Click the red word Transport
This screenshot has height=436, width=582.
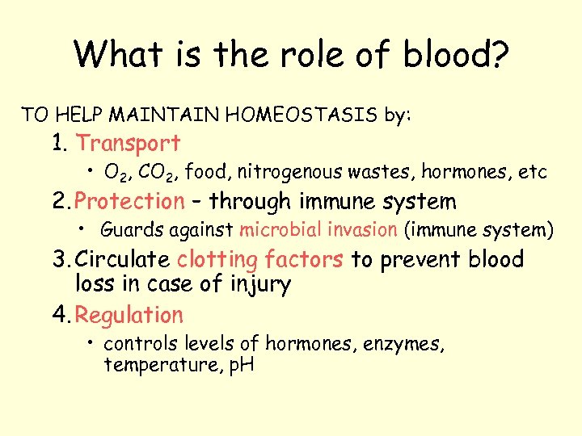pyautogui.click(x=128, y=144)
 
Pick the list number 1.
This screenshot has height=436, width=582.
pyautogui.click(x=58, y=144)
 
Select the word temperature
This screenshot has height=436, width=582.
pyautogui.click(x=153, y=365)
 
